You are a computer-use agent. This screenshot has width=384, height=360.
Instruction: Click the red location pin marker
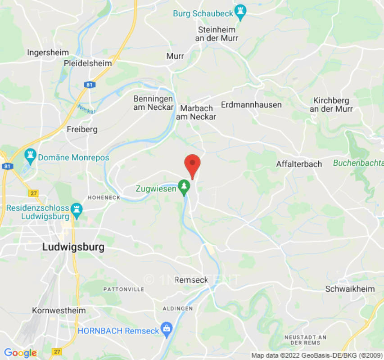point(193,165)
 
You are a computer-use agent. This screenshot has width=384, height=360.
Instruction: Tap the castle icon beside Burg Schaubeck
point(241,13)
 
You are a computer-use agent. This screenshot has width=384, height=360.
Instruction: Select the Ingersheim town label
point(48,52)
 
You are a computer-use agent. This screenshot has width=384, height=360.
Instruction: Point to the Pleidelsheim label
point(88,63)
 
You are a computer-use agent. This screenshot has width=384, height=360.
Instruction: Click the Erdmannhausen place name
point(251,104)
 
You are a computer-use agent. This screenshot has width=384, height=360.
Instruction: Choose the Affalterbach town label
point(299,164)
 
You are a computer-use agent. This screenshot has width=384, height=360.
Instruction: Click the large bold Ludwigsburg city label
point(73,247)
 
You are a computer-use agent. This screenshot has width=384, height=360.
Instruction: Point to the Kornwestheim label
point(59,310)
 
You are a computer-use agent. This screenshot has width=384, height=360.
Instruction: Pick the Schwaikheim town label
point(350,289)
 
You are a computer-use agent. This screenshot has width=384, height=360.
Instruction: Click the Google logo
point(20,353)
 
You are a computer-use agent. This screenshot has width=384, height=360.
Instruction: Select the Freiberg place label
point(82,129)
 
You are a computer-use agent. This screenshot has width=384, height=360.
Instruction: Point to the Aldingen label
point(179,308)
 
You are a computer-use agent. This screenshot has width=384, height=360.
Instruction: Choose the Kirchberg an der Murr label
point(331,104)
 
